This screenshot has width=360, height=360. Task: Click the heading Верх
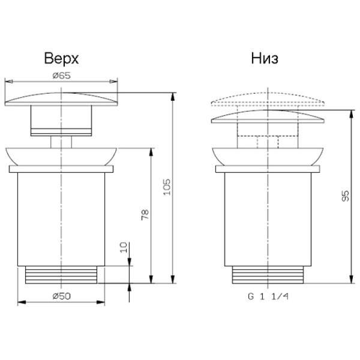61,59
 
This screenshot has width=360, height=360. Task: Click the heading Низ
265,59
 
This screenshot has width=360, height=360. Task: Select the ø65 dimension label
62,76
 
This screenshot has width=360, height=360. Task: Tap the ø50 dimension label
62,296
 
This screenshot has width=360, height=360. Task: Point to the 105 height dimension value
167,187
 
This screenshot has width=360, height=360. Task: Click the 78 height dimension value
145,215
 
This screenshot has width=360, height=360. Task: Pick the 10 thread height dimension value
124,247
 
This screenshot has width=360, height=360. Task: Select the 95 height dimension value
346,196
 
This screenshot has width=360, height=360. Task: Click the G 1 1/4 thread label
268,296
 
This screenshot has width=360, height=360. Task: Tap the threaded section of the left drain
61,275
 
